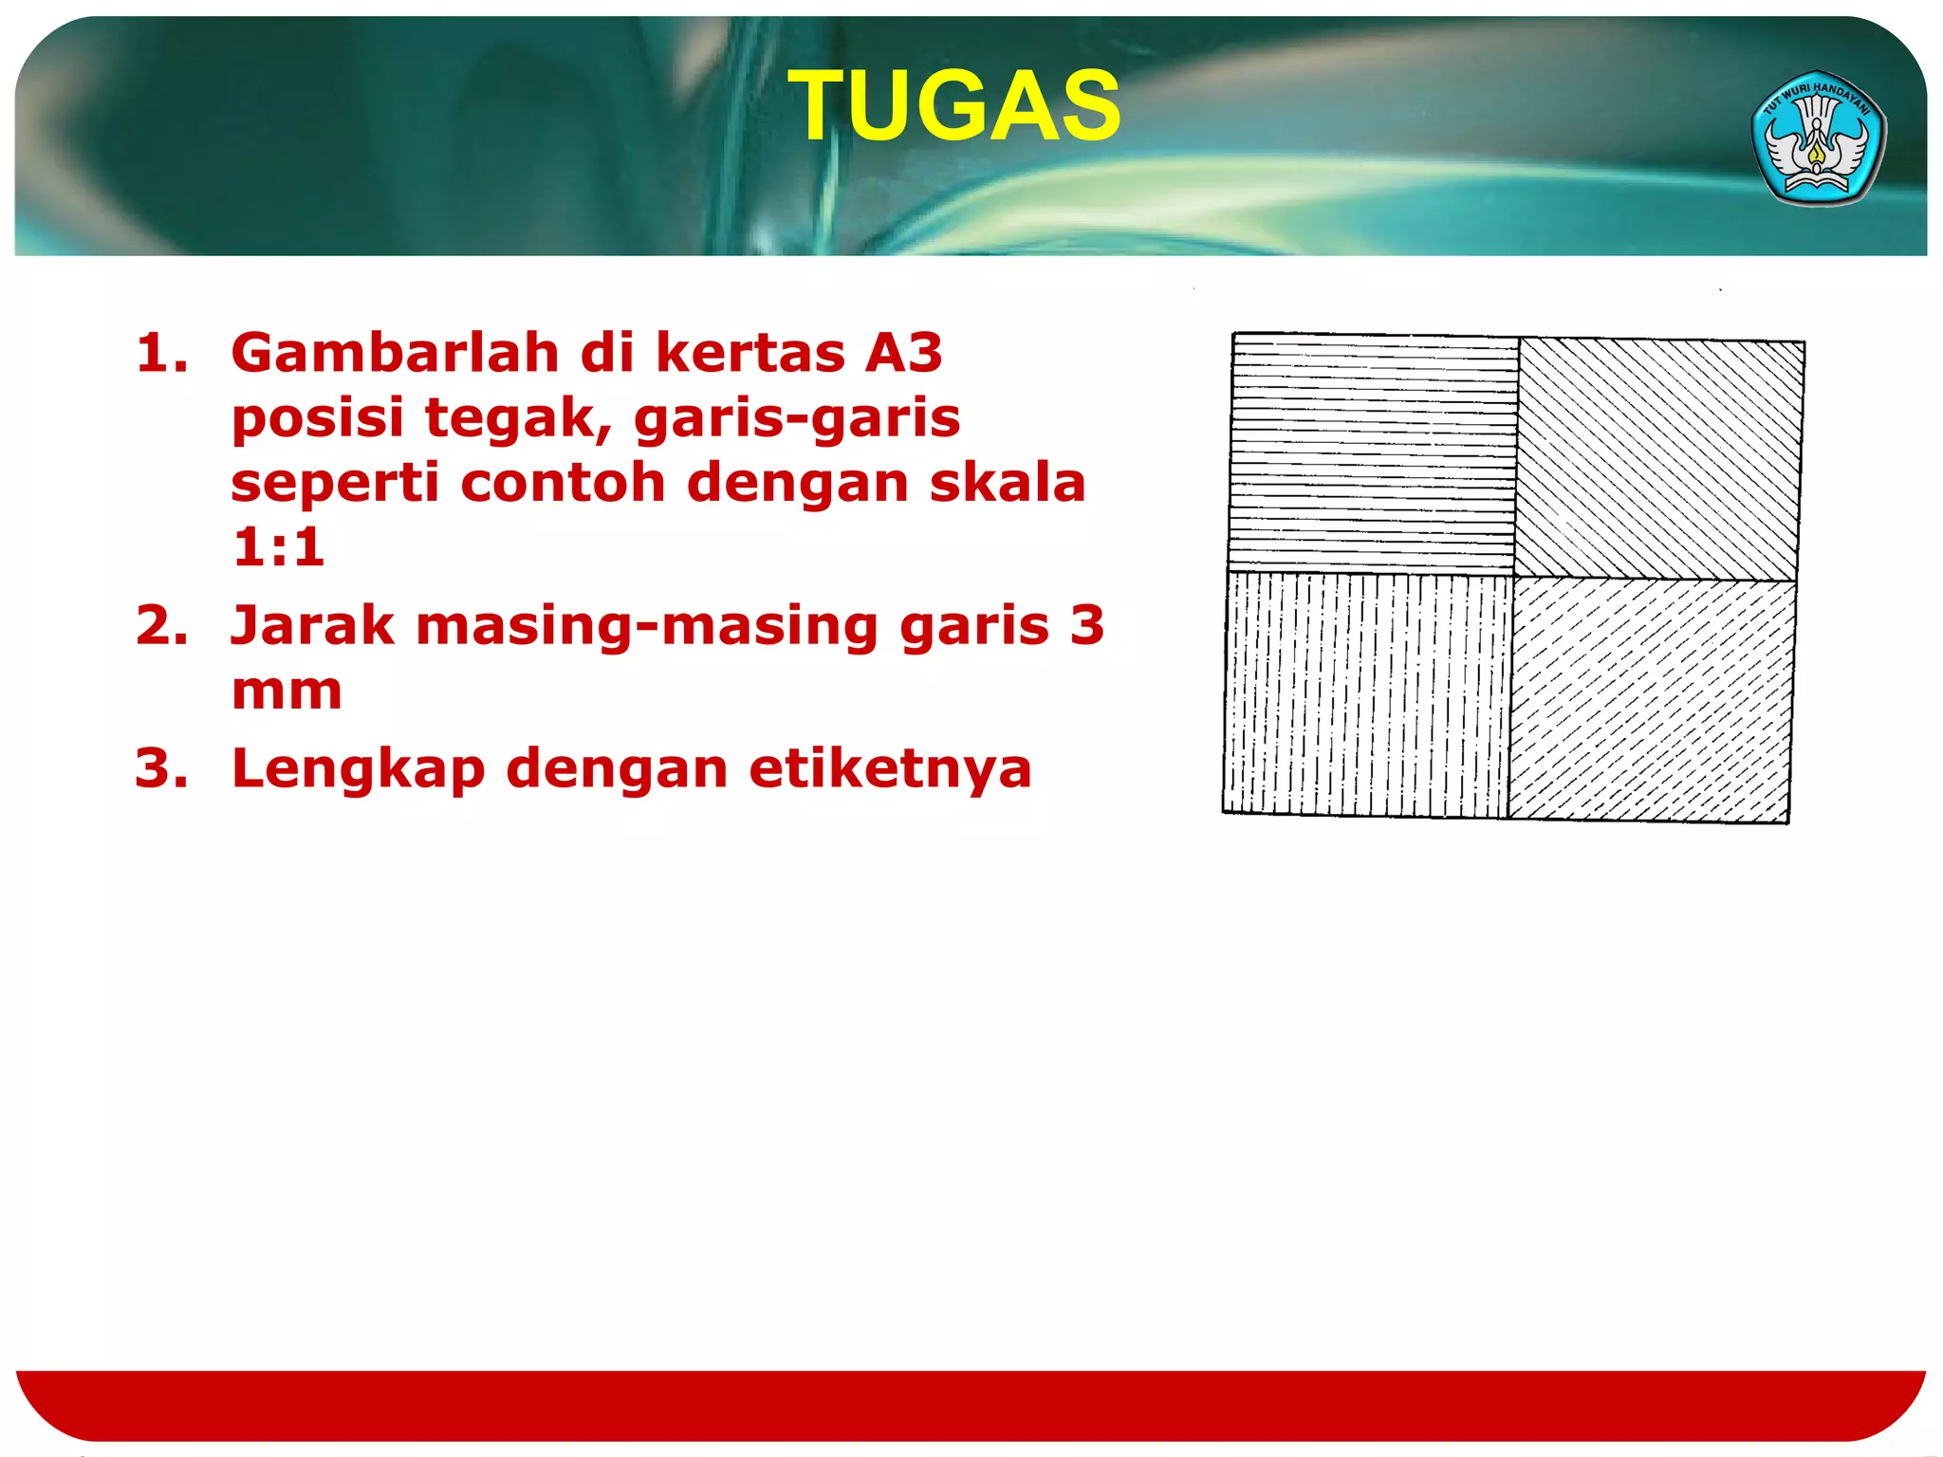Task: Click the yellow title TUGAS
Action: point(955,106)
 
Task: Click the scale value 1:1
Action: point(278,547)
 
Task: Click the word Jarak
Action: point(312,626)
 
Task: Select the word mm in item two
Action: point(286,691)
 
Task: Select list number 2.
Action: point(161,626)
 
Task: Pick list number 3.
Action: point(161,768)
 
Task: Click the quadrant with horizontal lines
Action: point(1373,452)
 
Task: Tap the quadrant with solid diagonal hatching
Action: point(1658,460)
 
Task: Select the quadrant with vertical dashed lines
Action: point(1367,694)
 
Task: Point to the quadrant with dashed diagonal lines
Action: point(1651,700)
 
